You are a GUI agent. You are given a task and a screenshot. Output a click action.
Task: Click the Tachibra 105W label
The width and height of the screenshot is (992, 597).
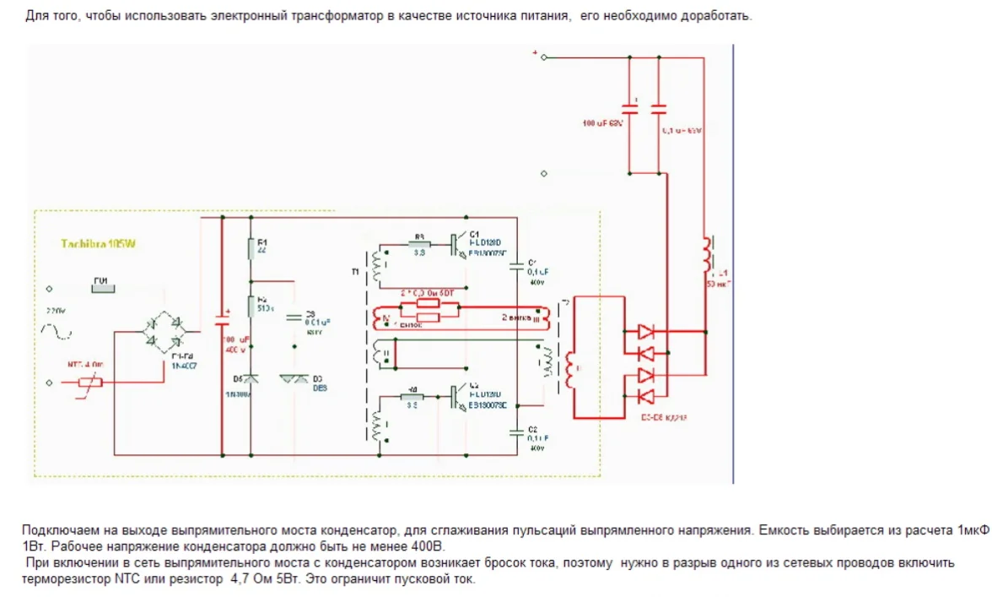tap(98, 244)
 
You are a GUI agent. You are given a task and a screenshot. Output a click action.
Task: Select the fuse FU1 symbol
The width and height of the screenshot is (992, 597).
tap(102, 285)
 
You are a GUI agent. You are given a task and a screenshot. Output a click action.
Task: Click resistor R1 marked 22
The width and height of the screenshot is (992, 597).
tap(251, 249)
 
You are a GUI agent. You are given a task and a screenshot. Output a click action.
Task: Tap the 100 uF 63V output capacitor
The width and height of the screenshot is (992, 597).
tap(629, 109)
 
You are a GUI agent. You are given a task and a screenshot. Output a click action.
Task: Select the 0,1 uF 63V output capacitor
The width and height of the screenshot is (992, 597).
tap(659, 109)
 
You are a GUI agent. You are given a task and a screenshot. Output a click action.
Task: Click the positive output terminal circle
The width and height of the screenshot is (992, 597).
tap(543, 57)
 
